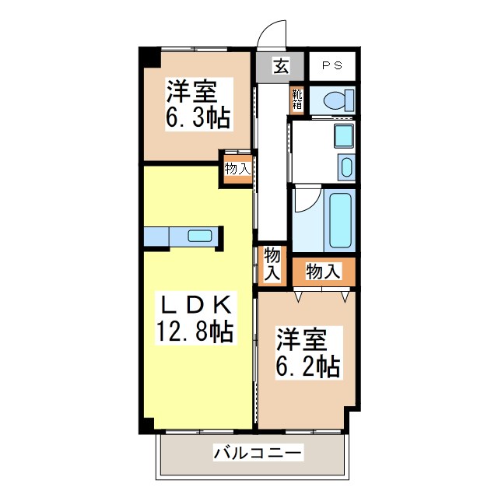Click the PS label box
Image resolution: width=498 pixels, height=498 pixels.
coord(332,66)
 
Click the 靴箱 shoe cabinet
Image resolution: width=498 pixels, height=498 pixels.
coord(298,100)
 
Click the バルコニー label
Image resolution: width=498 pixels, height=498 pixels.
coord(257,452)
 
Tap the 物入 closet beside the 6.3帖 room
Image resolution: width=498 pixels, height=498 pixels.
coord(238,169)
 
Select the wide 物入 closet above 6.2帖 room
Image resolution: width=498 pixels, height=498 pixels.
coord(323,272)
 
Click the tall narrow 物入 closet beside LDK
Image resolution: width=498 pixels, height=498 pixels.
coord(272,264)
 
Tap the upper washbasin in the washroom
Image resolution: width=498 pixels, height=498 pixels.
coord(342,137)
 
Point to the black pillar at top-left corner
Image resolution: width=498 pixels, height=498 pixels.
coord(149,58)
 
